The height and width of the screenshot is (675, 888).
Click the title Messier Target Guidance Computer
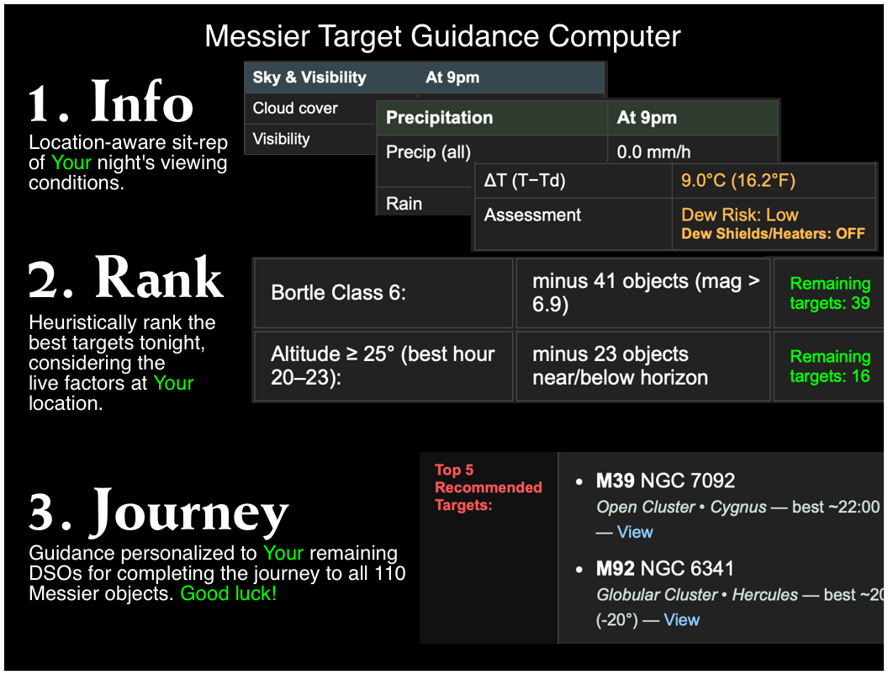coord(442,36)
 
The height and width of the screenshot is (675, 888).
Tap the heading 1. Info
coord(111,101)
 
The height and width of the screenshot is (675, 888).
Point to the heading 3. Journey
coord(159,511)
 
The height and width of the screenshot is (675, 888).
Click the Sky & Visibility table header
coord(309,77)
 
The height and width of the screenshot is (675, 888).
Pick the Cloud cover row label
coord(295,108)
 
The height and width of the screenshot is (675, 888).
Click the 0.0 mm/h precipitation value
coord(653,152)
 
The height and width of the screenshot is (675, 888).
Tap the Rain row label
coord(404,204)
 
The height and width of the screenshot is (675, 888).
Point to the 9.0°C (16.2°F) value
coord(737,180)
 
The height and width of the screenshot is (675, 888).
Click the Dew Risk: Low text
coord(739,215)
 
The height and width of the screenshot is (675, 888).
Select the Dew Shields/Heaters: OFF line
coord(773,234)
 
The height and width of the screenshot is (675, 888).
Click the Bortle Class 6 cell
coord(338,293)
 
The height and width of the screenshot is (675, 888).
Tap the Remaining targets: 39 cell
coord(829,293)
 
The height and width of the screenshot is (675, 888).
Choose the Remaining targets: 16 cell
coord(829,366)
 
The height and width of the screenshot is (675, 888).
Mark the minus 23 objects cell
coord(620,366)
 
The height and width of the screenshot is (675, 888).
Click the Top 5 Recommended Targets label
coord(488,487)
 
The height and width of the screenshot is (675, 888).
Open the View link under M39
coord(635,532)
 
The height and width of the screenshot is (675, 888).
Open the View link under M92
coord(681,619)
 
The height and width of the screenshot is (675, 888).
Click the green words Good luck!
coord(229,593)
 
